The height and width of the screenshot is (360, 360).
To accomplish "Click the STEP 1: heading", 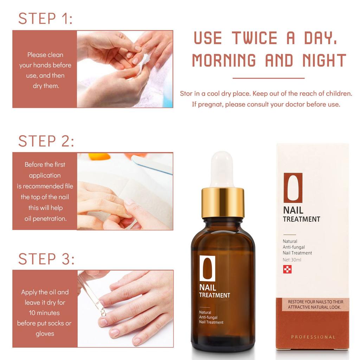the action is (45, 18).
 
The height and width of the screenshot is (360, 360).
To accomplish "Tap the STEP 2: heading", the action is (46, 141).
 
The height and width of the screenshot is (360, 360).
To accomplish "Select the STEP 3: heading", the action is (46, 259).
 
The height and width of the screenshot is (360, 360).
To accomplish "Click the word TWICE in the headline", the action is (255, 38).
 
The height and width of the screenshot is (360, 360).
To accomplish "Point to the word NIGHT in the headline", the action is (324, 60).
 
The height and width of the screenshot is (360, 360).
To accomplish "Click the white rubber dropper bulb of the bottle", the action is (222, 169).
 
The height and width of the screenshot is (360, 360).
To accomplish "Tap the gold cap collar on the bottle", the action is (223, 202).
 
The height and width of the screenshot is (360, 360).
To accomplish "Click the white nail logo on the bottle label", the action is (207, 268).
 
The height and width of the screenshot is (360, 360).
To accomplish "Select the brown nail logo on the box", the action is (293, 188).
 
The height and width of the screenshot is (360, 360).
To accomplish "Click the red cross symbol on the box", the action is (287, 269).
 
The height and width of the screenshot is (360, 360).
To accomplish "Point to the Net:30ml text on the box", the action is (292, 260).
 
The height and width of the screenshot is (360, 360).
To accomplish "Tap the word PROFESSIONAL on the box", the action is (313, 337).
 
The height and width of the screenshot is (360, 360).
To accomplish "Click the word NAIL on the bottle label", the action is (208, 288).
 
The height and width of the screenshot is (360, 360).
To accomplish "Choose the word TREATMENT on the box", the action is (301, 219).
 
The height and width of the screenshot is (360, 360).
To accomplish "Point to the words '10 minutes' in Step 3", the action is (44, 313).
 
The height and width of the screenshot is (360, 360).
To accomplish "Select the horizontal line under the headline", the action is (268, 78).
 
